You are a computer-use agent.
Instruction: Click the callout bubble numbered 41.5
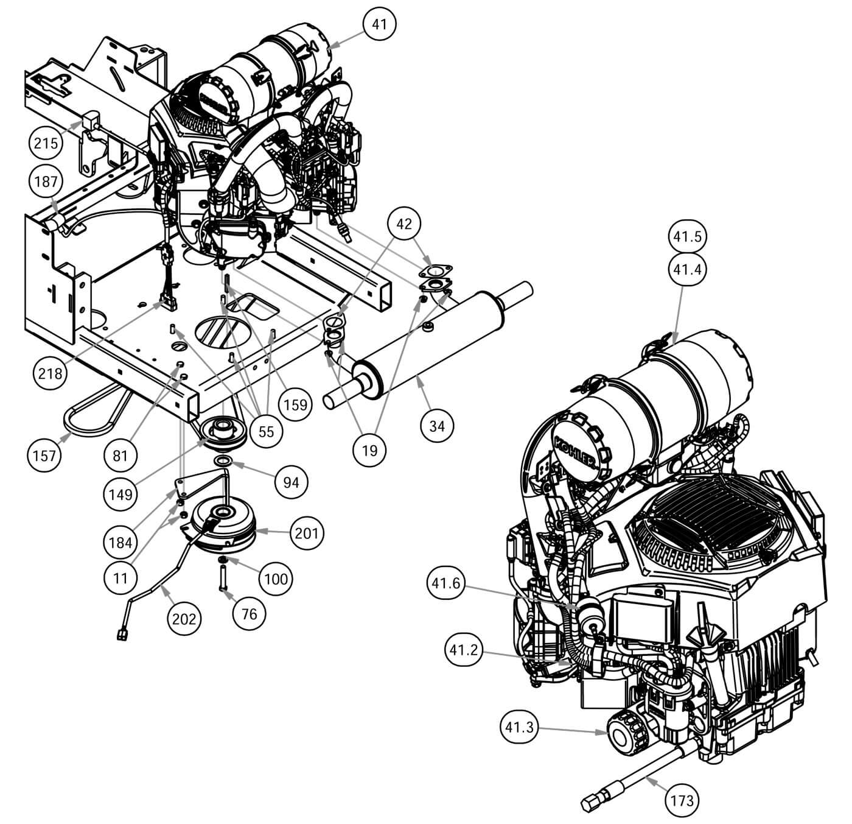pos(687,236)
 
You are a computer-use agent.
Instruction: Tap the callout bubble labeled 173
pos(682,800)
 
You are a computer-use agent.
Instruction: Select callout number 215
pos(46,143)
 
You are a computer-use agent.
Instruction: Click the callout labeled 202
pos(184,619)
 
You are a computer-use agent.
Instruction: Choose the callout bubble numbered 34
pos(437,426)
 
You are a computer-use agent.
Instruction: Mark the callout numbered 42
pos(404,224)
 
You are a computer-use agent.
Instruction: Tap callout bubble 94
pos(291,482)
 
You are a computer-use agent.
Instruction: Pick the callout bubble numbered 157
pos(44,456)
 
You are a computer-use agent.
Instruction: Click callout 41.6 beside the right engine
pos(445,583)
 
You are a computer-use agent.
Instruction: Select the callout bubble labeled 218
pos(50,373)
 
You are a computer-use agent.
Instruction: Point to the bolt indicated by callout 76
pos(223,578)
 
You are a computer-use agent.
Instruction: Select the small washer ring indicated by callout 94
pos(223,460)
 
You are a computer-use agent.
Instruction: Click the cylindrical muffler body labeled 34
pos(428,344)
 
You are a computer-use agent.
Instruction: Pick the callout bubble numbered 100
pos(276,579)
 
